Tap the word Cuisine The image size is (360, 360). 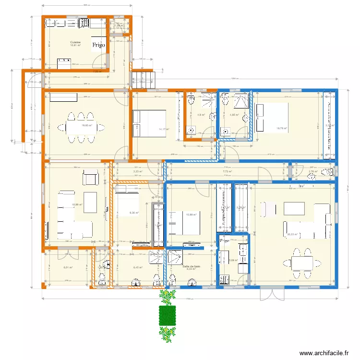75,42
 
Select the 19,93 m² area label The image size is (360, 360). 86,126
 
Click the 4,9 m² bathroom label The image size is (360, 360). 201,115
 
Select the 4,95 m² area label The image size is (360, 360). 234,115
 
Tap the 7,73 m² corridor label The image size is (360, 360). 227,171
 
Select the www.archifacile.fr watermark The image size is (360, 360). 324,353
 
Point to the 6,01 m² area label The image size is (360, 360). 68,268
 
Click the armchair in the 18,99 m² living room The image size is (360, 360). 90,178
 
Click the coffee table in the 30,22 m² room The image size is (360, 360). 294,208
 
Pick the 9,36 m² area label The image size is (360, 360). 134,213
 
